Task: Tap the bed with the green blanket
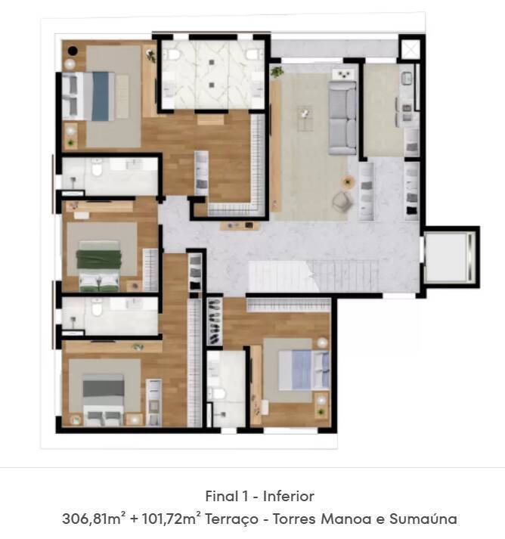[x=99, y=265]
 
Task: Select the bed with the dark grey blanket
[x=104, y=399]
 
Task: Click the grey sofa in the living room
[x=342, y=118]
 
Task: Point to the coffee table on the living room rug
[x=305, y=119]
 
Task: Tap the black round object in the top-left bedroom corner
[x=73, y=51]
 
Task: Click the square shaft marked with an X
[x=411, y=49]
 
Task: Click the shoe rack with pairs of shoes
[x=214, y=321]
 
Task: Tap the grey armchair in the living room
[x=342, y=201]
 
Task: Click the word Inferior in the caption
[x=289, y=497]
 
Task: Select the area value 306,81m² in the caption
[x=91, y=519]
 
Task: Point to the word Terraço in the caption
[x=231, y=519]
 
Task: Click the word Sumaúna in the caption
[x=423, y=519]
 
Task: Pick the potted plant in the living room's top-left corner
[x=277, y=72]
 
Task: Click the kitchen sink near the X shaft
[x=407, y=79]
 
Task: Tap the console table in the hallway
[x=240, y=226]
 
